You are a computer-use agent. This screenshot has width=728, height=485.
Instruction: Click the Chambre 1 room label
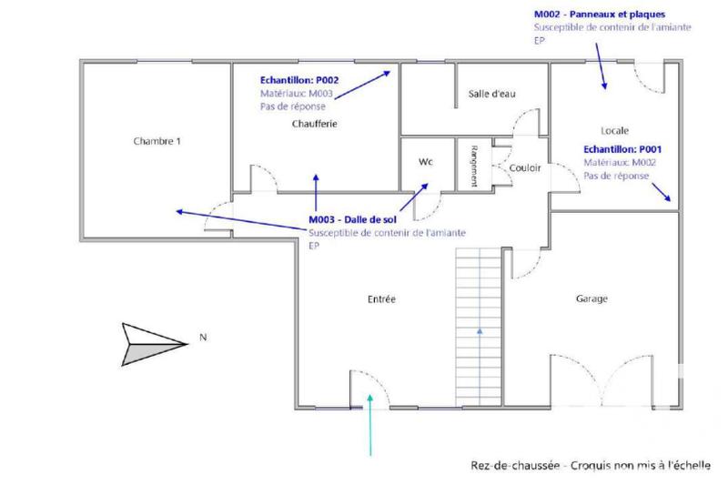click(157, 141)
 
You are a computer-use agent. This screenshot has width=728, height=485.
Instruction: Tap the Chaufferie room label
click(316, 124)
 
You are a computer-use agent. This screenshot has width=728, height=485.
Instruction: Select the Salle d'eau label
click(491, 94)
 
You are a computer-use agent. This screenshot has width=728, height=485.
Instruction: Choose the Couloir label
click(525, 168)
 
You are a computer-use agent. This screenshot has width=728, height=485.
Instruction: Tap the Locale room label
click(615, 130)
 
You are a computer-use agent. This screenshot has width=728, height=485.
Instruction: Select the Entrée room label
click(381, 298)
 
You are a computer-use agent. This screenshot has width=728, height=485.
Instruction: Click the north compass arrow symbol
click(152, 343)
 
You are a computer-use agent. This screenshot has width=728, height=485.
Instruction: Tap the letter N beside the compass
click(203, 338)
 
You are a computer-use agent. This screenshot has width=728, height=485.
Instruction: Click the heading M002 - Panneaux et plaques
click(600, 15)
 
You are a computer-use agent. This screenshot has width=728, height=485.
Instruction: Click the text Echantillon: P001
click(615, 149)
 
